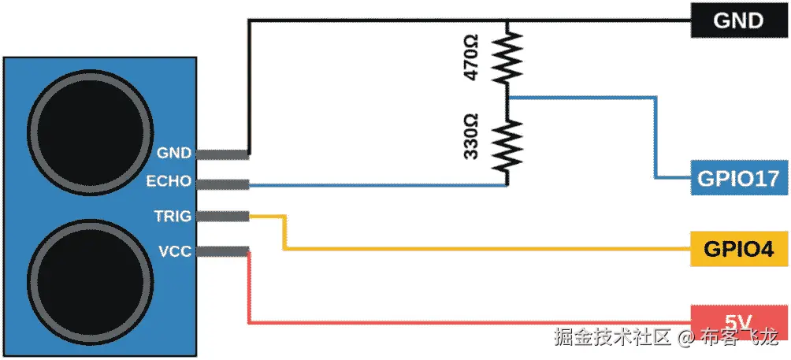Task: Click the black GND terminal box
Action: [738, 20]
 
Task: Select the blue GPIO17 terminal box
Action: [738, 179]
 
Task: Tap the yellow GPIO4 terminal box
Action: [738, 251]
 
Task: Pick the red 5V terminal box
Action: [738, 321]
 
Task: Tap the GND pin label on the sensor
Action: [174, 153]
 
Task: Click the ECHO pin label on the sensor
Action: [169, 181]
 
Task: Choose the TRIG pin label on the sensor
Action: [173, 215]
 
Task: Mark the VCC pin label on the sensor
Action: [174, 251]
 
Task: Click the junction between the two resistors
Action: [507, 97]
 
